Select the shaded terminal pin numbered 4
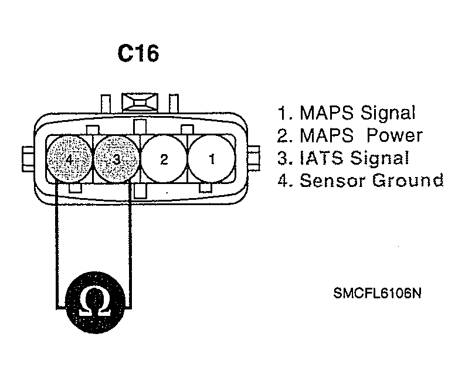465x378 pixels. coord(69,159)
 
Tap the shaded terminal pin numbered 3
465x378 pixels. coord(117,159)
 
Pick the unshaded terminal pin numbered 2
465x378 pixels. coord(164,159)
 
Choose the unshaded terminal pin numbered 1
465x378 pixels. coord(212,159)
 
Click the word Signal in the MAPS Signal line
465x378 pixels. coord(388,113)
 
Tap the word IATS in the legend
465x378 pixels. coord(320,158)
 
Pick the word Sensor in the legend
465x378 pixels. coord(333,180)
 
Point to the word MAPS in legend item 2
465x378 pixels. coord(327,135)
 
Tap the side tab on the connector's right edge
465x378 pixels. coord(254,158)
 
